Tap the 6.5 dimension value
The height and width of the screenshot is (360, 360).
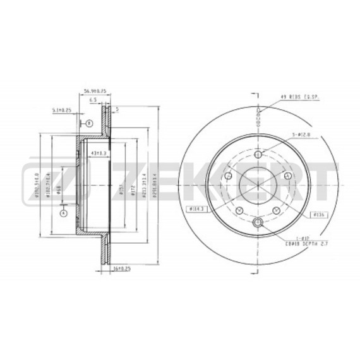pyautogui.click(x=93, y=100)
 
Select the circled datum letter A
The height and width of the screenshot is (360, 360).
pyautogui.click(x=63, y=213)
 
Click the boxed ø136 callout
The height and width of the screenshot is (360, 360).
pyautogui.click(x=318, y=215)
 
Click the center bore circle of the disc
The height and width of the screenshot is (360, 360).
pyautogui.click(x=258, y=184)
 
